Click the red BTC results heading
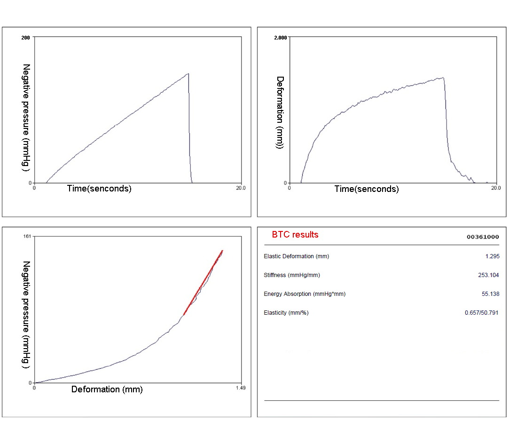click(x=295, y=235)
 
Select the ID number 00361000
click(x=483, y=237)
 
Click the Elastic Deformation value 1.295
click(x=492, y=256)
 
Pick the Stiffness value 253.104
click(x=488, y=275)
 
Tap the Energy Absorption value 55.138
click(x=490, y=294)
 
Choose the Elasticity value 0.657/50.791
click(x=481, y=313)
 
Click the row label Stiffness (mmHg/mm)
click(x=292, y=275)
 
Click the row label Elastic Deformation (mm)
click(x=297, y=256)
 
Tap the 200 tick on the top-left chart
click(x=26, y=37)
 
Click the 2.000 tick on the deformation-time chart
click(x=281, y=37)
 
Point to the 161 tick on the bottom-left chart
click(x=27, y=236)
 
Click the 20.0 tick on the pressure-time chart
click(x=241, y=187)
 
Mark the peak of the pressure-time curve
click(x=188, y=74)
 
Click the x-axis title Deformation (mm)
click(x=107, y=389)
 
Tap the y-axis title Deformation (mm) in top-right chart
click(x=280, y=112)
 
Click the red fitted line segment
click(x=203, y=282)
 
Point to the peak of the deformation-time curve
click(x=443, y=78)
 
